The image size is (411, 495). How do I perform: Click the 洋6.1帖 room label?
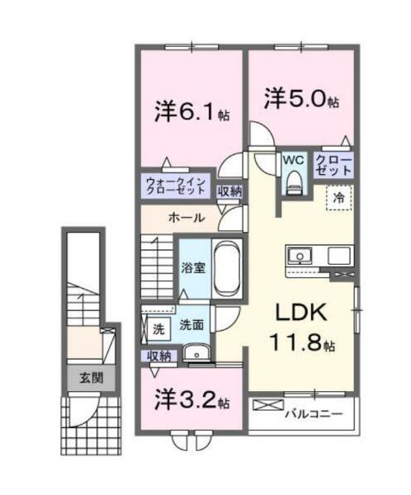191,113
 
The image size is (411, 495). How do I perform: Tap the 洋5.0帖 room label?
301,98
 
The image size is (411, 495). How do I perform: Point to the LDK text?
301,313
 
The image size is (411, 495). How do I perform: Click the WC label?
293,160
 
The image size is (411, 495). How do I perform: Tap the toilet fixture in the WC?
294,182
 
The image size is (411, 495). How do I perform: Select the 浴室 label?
193,268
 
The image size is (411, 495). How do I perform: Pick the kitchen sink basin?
299,254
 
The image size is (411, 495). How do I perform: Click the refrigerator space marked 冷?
339,198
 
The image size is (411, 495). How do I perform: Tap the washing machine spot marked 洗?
159,329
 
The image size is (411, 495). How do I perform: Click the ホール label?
187,218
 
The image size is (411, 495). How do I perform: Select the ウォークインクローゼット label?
177,186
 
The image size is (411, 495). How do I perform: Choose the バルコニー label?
314,413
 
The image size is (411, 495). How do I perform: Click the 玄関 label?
91,378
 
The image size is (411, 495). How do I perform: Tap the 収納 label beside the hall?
229,191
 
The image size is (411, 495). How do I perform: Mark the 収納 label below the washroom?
159,356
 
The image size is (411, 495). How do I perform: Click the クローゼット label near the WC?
333,166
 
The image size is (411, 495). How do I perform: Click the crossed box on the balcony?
268,405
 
